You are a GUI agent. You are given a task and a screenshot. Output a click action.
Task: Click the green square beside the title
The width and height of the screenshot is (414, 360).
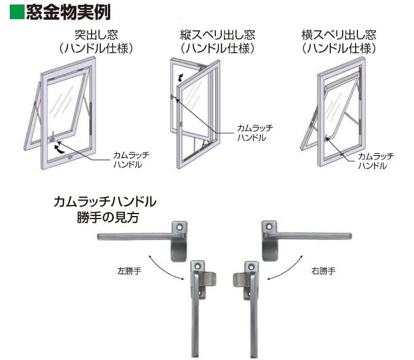point(17,12)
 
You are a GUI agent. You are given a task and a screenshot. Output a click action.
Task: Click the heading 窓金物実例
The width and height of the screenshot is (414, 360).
point(68,12)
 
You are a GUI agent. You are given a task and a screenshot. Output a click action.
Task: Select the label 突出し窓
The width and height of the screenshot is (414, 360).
point(97,35)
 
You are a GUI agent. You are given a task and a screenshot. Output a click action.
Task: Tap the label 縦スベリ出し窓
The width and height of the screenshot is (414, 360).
point(218,35)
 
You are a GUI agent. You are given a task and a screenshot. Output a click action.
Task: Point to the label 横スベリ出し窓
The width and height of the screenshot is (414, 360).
point(339,35)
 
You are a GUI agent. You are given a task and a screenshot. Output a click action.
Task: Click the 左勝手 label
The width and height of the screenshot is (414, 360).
point(129,271)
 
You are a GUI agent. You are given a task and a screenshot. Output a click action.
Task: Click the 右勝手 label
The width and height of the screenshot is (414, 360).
point(324,271)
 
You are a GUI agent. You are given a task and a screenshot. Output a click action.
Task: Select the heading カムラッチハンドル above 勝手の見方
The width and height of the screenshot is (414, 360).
point(105,202)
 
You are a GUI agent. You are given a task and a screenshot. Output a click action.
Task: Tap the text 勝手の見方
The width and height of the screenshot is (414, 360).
point(108,218)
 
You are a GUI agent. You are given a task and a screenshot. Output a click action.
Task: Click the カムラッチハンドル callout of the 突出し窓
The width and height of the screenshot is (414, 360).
point(131,159)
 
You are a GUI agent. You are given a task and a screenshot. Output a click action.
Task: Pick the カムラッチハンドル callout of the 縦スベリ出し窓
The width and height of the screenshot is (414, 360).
point(255,133)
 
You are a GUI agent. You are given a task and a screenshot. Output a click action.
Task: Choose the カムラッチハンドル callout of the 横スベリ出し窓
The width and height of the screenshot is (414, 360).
point(376,161)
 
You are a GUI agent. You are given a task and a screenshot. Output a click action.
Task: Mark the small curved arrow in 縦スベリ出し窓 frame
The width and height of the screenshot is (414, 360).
point(181,78)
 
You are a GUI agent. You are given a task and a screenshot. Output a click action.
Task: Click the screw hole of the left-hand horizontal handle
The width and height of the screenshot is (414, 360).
point(180,227)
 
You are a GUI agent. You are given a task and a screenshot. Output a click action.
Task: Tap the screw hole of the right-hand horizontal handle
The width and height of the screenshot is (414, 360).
point(269,227)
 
